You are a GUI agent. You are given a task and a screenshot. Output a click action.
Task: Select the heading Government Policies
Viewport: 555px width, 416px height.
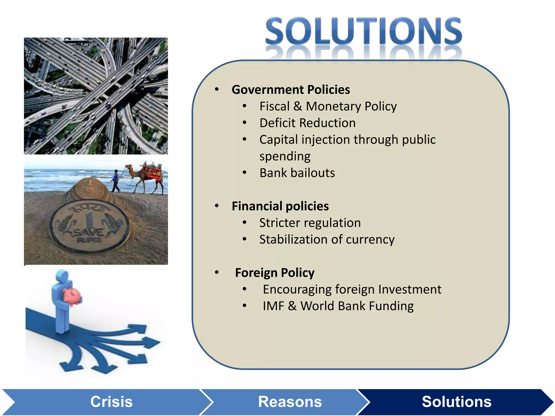coord(291,90)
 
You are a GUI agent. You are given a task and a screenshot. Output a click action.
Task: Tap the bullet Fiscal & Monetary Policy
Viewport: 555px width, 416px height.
coord(328,106)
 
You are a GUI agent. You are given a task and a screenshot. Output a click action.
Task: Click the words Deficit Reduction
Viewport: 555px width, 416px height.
coord(307,123)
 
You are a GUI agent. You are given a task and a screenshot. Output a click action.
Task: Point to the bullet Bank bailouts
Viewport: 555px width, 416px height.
coord(297,173)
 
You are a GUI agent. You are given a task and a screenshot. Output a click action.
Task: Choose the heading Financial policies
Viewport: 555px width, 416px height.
coord(280,206)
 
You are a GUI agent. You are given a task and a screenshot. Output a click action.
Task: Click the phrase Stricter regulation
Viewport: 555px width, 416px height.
coord(310,223)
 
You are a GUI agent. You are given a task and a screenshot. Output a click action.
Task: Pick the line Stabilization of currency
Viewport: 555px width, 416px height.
coord(327,239)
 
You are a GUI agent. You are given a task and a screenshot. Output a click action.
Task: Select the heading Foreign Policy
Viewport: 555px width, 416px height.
coord(275,273)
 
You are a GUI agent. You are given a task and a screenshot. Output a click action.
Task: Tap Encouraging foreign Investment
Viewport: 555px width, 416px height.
coord(352,289)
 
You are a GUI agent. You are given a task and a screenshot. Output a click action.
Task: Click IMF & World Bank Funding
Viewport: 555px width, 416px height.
coord(338,306)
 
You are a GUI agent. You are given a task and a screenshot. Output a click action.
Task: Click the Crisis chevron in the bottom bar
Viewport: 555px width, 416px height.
coord(111,402)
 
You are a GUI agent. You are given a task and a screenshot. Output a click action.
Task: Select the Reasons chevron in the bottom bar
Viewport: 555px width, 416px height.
coord(290,402)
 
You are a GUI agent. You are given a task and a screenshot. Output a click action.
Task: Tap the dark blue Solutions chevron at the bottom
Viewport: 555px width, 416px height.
coord(456,402)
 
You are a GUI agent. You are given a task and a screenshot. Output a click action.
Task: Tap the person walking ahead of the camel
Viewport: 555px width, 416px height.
coord(116,180)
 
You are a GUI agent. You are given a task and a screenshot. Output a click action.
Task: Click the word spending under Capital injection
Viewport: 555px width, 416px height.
coord(285,156)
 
